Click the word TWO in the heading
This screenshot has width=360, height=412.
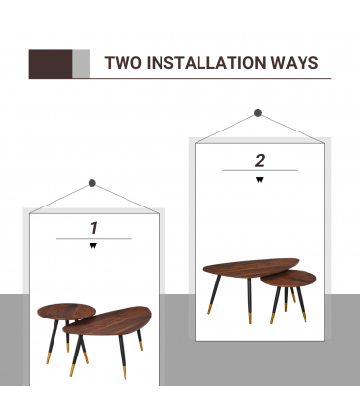(124, 63)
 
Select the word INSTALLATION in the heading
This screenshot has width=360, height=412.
(206, 63)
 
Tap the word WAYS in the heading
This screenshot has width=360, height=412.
(295, 63)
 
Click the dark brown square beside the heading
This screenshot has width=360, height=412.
(51, 63)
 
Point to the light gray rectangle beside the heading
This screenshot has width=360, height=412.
(81, 63)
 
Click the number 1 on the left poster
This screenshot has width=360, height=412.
(94, 228)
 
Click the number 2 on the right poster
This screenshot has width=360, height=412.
(260, 161)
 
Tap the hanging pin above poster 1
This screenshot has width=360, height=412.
(92, 183)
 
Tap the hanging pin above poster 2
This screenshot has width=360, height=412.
(258, 113)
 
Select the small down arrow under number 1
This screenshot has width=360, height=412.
(93, 246)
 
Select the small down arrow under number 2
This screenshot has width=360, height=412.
(260, 180)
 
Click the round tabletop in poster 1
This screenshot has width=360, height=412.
(66, 312)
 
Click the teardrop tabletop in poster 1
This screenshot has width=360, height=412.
(108, 320)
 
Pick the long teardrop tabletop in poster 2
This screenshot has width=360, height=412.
(250, 267)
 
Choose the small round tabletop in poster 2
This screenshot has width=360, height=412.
(288, 279)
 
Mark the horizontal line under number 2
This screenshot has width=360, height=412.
(260, 170)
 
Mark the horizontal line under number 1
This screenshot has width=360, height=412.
(94, 239)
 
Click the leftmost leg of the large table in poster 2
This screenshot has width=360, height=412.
(214, 294)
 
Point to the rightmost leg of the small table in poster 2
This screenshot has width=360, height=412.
(302, 304)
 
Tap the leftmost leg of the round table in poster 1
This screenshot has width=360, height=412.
(53, 342)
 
